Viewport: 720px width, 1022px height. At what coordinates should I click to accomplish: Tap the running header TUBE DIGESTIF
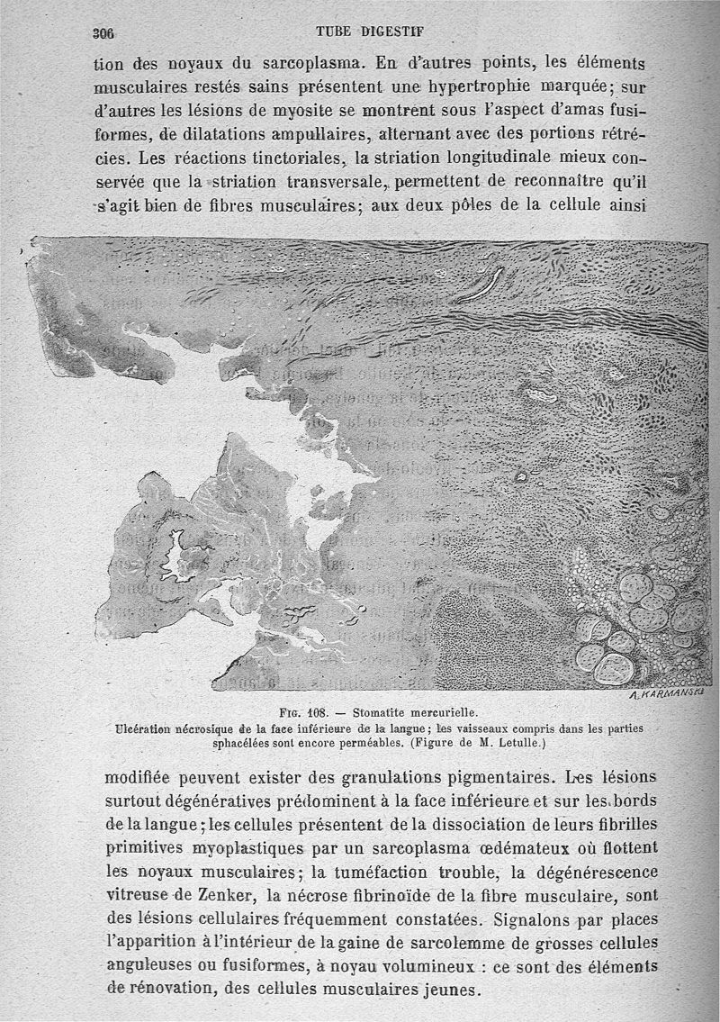pos(372,31)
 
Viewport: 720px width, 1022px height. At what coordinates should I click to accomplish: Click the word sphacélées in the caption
pos(246,744)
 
